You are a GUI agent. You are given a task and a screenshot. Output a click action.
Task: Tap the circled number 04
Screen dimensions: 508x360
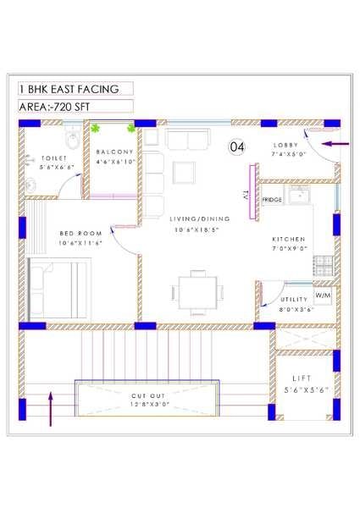coord(237,147)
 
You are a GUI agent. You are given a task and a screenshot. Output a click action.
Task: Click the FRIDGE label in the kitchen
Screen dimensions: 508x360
coord(272,200)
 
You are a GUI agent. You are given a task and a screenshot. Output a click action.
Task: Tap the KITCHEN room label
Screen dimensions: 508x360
coord(289,239)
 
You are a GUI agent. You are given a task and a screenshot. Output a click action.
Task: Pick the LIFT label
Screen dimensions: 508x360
coord(302,378)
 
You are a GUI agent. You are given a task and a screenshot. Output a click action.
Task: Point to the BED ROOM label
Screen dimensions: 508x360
coord(80,233)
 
